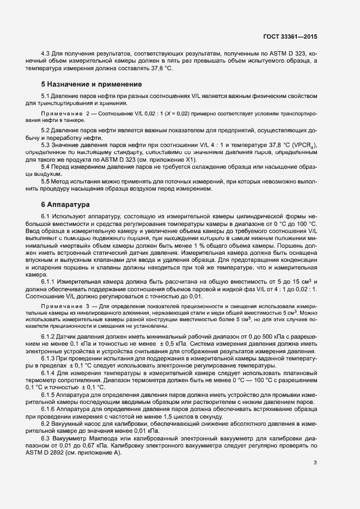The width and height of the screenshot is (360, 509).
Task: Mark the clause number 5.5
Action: [46, 180]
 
